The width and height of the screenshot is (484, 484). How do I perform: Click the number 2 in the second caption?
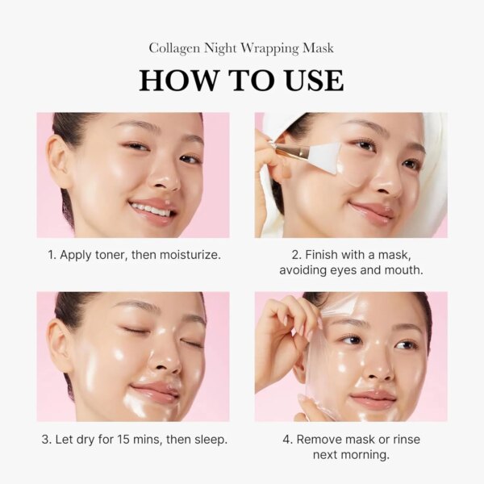[296, 255]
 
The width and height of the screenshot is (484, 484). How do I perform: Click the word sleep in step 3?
[209, 440]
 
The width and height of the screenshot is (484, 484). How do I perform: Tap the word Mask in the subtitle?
[316, 48]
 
